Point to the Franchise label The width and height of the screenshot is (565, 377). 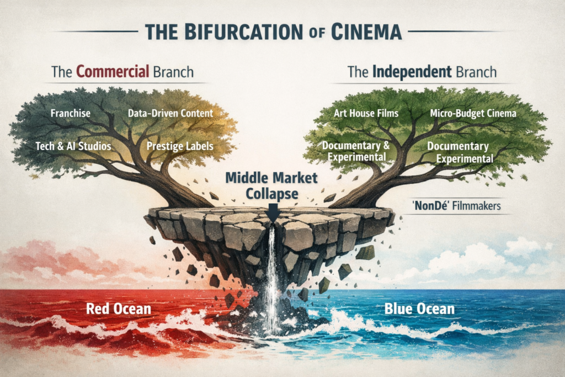point(71,114)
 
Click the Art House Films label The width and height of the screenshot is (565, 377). point(366,114)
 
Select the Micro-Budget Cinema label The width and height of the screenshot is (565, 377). point(473,114)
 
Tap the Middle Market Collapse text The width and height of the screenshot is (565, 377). point(272,185)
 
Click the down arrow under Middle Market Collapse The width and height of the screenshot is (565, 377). point(272,212)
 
